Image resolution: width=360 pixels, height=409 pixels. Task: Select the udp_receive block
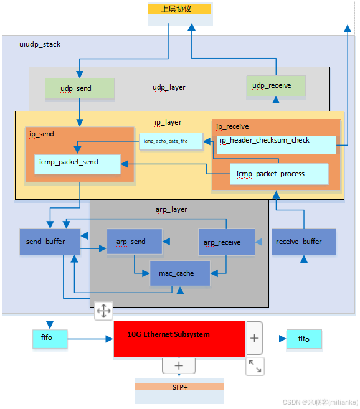click(276, 86)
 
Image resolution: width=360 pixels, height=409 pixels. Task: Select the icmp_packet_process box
click(279, 174)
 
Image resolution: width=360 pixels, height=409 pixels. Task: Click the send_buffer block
click(49, 241)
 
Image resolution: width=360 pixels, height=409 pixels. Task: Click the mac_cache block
click(180, 273)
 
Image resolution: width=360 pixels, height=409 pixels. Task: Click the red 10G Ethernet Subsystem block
click(179, 339)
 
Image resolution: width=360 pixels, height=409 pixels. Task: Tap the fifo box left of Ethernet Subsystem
click(50, 339)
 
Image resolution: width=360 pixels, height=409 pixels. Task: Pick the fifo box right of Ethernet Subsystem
click(303, 339)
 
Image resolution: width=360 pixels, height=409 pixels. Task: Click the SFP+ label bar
click(179, 387)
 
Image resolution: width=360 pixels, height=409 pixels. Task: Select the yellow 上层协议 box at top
click(180, 9)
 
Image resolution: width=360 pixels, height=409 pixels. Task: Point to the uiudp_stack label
click(40, 44)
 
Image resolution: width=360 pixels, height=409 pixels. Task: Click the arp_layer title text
click(171, 209)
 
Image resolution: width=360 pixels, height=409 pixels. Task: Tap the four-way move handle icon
click(103, 311)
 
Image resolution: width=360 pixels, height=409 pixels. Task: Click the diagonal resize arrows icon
click(255, 366)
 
